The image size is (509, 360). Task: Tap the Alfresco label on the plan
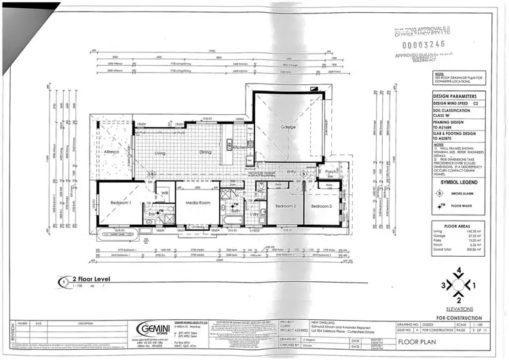(x=112, y=151)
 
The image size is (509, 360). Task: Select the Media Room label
(x=195, y=202)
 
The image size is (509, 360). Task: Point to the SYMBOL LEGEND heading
(x=459, y=182)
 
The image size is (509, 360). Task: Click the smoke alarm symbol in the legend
(x=441, y=194)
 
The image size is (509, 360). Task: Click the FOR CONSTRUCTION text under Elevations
(x=459, y=317)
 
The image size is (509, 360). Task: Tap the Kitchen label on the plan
(x=242, y=147)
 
